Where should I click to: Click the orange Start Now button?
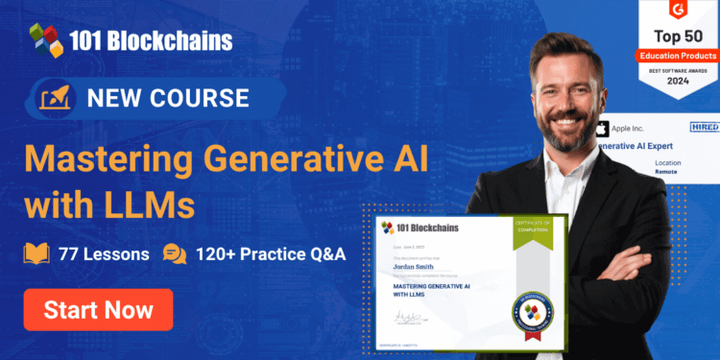(x=98, y=309)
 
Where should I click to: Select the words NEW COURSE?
(x=168, y=98)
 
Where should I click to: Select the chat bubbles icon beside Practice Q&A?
(x=174, y=254)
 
